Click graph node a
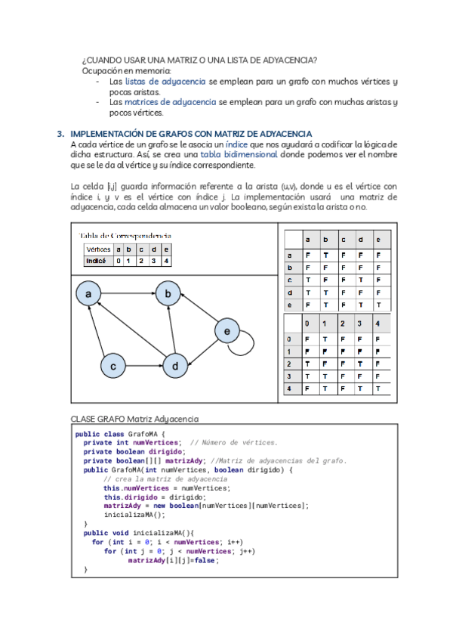point(88,293)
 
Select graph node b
point(168,293)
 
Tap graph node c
point(112,367)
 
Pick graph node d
point(175,367)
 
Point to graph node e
point(226,330)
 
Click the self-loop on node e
point(242,346)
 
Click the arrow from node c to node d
point(143,367)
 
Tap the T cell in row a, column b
point(325,256)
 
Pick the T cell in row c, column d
point(360,280)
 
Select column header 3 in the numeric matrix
point(360,324)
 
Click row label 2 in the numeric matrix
point(288,364)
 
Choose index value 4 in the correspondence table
point(165,262)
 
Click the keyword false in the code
point(186,561)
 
